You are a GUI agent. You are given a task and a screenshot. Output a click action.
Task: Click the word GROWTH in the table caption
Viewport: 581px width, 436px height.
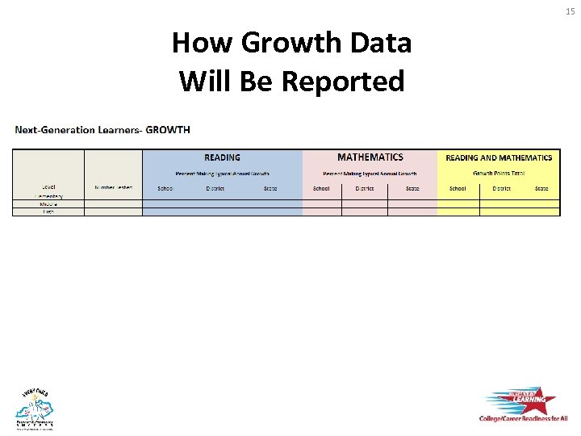tap(168, 130)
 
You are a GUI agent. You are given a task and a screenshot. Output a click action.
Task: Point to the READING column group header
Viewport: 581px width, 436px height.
tap(222, 158)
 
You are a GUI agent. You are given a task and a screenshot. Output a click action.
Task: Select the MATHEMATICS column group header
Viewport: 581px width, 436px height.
tap(370, 157)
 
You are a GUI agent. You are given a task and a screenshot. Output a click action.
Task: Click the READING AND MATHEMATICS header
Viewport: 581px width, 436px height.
tap(499, 158)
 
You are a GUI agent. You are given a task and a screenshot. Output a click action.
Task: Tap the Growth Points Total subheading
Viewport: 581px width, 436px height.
tap(499, 173)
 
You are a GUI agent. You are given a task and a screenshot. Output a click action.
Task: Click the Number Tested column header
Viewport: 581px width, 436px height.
tap(113, 188)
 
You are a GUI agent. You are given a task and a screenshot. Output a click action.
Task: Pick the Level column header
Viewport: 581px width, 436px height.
tap(48, 188)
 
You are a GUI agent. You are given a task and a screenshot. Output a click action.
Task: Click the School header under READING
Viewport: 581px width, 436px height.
tap(165, 188)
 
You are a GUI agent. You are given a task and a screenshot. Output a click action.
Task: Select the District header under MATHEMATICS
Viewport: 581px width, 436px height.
tap(364, 188)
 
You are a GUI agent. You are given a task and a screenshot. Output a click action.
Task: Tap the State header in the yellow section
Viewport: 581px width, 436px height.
tap(541, 188)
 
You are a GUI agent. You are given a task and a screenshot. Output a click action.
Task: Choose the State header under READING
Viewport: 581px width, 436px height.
tap(270, 188)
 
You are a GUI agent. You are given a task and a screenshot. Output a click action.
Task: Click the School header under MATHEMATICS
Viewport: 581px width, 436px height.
tap(321, 188)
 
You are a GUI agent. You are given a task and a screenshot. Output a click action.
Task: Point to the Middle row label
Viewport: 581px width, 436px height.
tap(48, 204)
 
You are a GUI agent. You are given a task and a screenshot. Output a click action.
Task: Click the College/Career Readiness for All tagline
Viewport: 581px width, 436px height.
tap(522, 419)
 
